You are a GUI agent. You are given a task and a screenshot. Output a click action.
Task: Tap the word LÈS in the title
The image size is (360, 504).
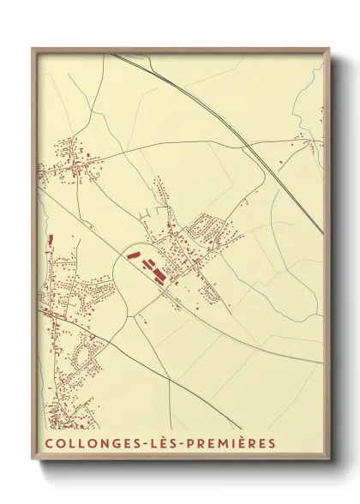click(148, 443)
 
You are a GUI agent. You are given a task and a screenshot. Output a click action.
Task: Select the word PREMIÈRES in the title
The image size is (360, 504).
click(224, 443)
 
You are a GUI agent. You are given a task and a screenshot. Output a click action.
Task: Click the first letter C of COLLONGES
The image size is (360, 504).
click(47, 443)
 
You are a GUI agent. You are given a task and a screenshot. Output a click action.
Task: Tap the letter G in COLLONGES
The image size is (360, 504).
click(104, 443)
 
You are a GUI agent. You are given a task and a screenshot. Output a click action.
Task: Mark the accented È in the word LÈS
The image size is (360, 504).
click(148, 443)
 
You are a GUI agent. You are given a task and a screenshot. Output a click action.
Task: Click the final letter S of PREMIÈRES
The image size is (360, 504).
click(272, 443)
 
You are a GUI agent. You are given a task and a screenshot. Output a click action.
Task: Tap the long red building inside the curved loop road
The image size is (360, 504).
click(132, 254)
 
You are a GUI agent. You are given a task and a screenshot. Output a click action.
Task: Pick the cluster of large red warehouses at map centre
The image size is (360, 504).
click(156, 274)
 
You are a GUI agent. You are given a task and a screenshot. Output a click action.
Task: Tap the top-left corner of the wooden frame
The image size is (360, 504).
click(33, 49)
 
